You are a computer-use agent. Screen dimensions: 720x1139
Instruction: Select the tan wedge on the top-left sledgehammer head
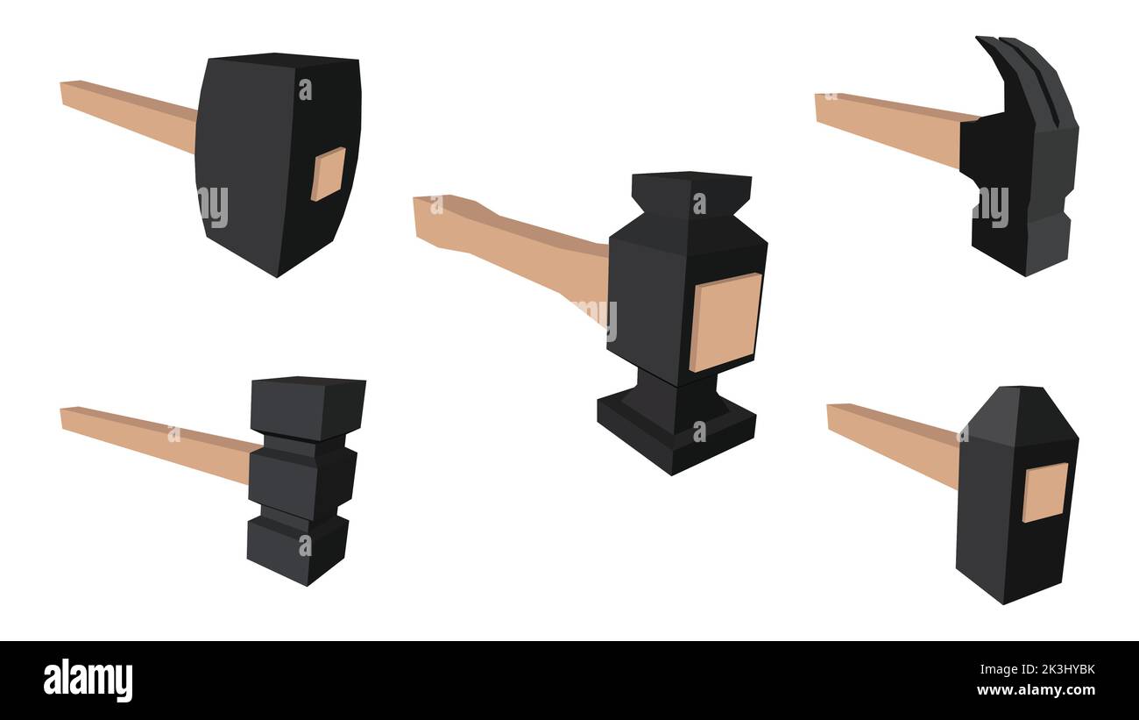tap(328, 174)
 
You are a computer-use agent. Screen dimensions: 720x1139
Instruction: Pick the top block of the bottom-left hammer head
tap(307, 405)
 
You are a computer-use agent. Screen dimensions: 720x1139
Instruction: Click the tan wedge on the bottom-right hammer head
tap(1045, 492)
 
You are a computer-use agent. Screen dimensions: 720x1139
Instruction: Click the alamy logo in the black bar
tap(88, 681)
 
